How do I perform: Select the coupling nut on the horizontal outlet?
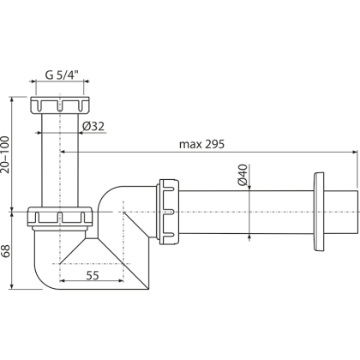click(x=169, y=209)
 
